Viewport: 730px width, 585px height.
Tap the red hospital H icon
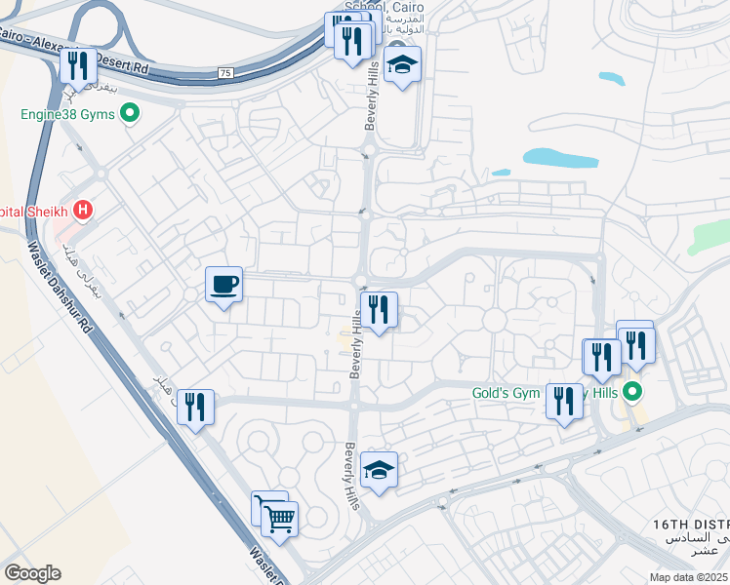pos(85,210)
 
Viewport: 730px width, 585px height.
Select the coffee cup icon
pos(223,284)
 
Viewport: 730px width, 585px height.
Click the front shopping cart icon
pos(279,517)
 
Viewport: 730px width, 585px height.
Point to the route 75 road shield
pos(225,72)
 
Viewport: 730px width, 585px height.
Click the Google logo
pos(32,572)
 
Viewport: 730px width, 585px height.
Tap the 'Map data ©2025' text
pos(688,577)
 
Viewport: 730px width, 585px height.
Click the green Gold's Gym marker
pos(632,393)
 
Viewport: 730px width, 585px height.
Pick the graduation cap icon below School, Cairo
pos(401,65)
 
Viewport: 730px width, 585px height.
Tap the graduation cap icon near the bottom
pos(379,469)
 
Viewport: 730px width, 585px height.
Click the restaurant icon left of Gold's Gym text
pos(563,401)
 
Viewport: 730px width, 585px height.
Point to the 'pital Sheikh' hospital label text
pos(35,211)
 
